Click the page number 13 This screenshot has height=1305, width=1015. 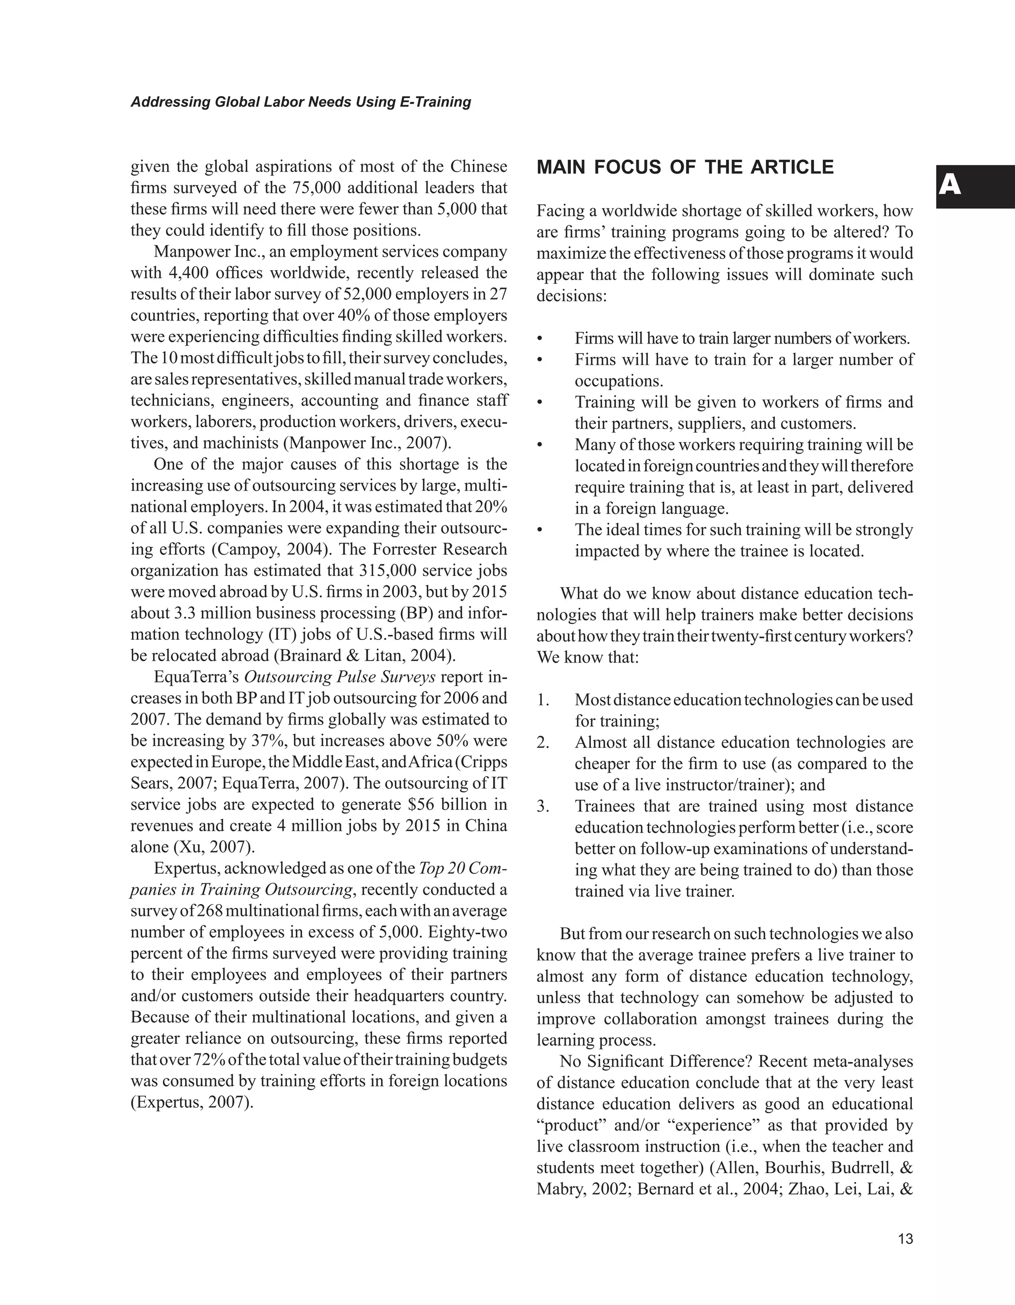pyautogui.click(x=905, y=1239)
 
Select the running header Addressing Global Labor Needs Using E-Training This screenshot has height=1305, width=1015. pyautogui.click(x=300, y=102)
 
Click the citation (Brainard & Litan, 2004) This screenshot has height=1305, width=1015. pyautogui.click(x=364, y=656)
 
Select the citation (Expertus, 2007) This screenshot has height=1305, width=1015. pyautogui.click(x=192, y=1102)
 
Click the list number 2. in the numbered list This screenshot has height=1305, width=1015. pyautogui.click(x=543, y=743)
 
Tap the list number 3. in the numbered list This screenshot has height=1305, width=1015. pyautogui.click(x=543, y=807)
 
